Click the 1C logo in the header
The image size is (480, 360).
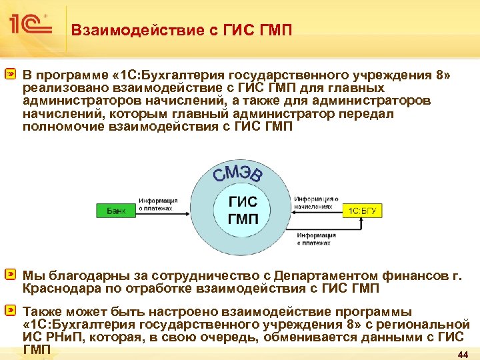tap(31, 25)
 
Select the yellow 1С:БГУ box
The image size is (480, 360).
tap(363, 211)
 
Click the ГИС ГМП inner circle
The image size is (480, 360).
tap(243, 210)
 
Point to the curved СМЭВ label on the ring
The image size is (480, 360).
tap(238, 171)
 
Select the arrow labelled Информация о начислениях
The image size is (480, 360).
tap(317, 211)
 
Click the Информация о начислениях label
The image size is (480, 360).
tap(317, 203)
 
